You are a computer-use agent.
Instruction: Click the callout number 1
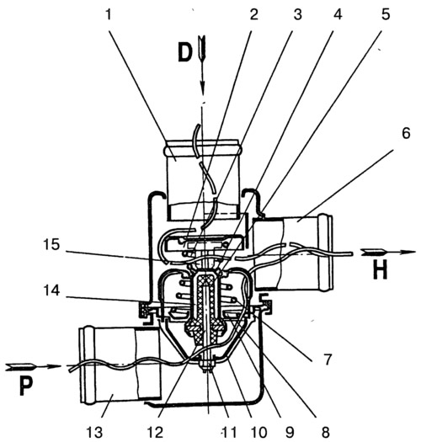click(x=109, y=14)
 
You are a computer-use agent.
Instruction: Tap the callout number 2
click(x=254, y=14)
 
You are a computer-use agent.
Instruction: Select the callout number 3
click(x=298, y=14)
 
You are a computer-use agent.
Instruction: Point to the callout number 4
click(x=338, y=14)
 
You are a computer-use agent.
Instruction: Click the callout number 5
click(x=386, y=14)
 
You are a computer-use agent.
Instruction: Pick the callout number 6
click(x=406, y=133)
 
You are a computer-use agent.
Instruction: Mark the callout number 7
click(x=327, y=360)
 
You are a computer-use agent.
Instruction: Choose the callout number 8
click(x=325, y=432)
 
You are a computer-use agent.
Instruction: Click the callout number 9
click(x=290, y=432)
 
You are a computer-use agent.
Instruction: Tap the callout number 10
click(x=258, y=432)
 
